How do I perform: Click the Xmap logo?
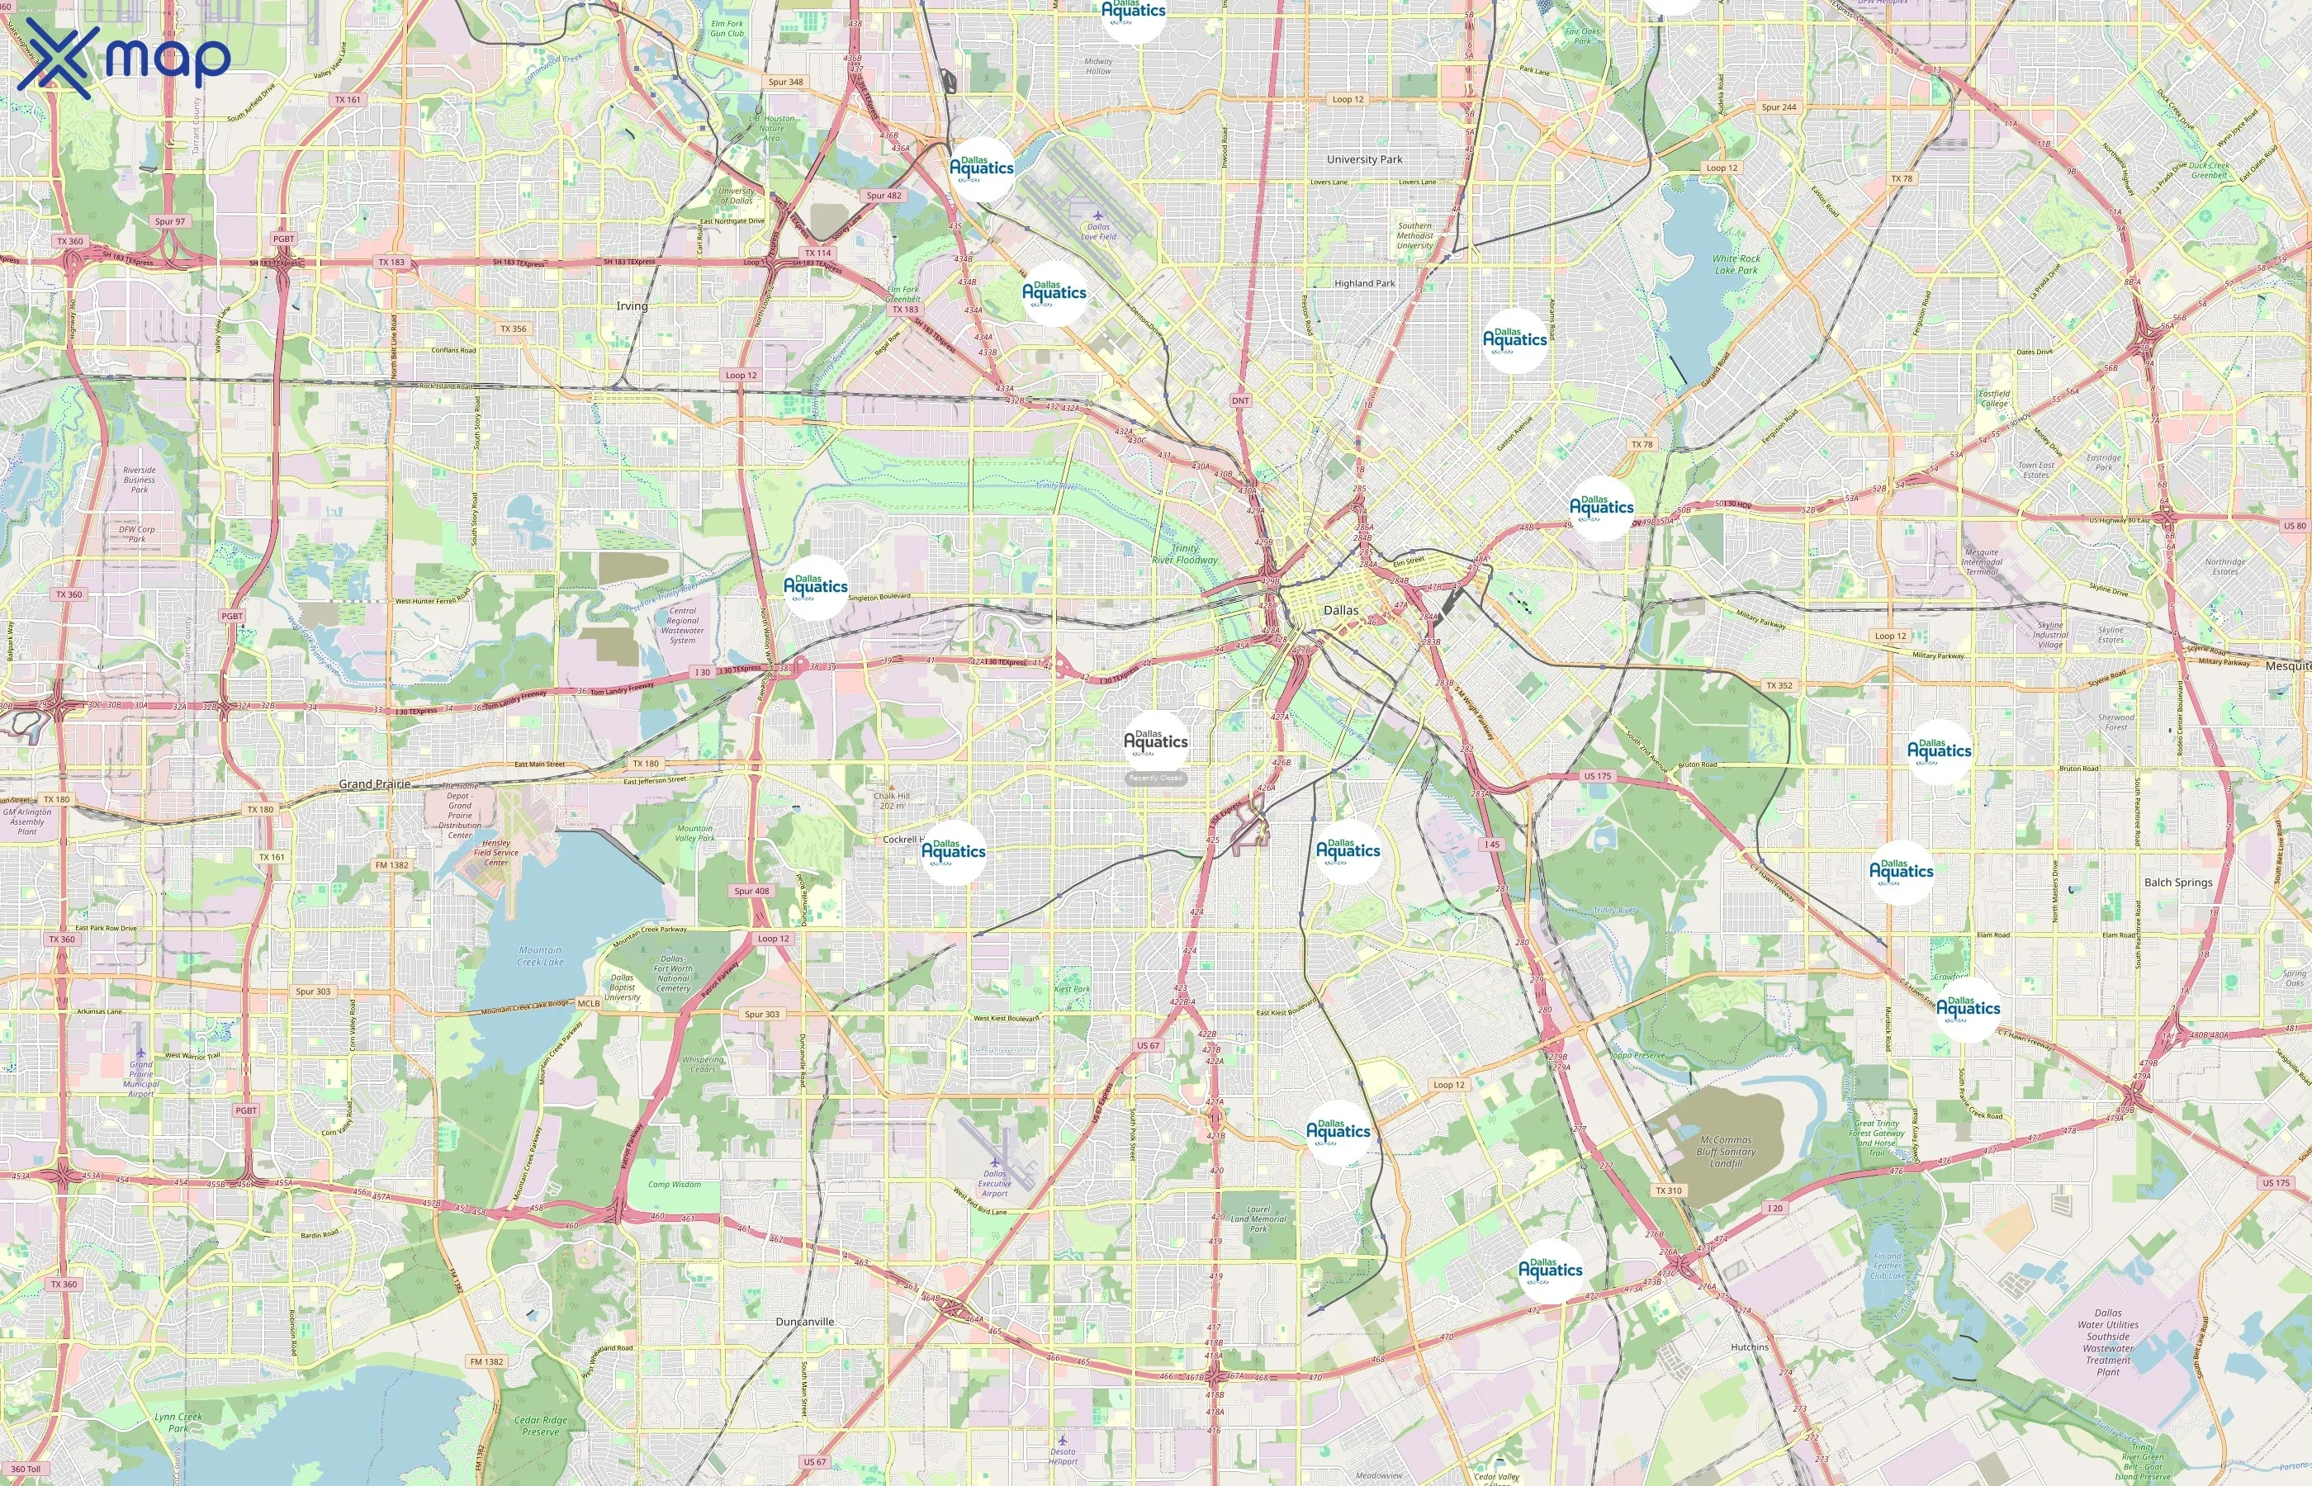tap(124, 58)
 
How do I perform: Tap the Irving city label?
tap(632, 306)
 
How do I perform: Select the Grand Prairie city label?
tap(374, 783)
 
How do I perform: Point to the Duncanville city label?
tap(805, 1321)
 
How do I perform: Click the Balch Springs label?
tap(2178, 882)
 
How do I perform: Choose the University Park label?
tap(1364, 159)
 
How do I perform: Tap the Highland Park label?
tap(1364, 282)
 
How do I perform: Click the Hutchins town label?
tap(1750, 1346)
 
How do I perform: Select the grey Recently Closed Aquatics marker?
tap(1155, 741)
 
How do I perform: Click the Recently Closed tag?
tap(1155, 778)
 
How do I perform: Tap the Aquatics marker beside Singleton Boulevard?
tap(815, 585)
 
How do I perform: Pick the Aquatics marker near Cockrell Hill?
tap(954, 851)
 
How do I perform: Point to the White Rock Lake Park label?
tap(1736, 264)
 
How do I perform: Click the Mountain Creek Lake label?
tap(540, 955)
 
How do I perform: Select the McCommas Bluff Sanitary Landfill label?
tap(1725, 1151)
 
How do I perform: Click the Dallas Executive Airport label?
tap(994, 1183)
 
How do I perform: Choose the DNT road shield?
tap(1240, 400)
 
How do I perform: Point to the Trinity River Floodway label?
tap(1184, 554)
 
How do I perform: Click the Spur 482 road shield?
tap(883, 195)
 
